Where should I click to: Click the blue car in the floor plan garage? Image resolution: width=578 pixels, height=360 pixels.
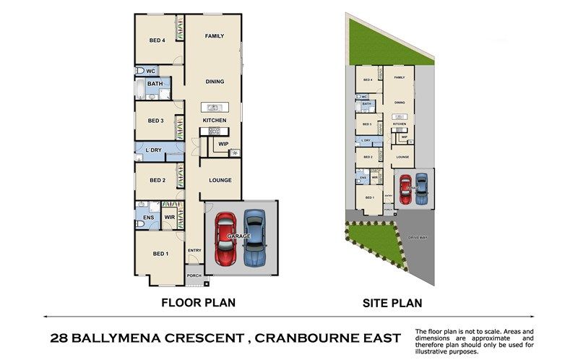pyautogui.click(x=254, y=239)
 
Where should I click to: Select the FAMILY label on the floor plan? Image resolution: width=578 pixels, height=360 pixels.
pyautogui.click(x=214, y=35)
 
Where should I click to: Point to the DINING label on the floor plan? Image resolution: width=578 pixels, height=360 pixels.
pyautogui.click(x=214, y=82)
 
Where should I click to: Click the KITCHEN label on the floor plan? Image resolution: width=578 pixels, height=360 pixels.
pyautogui.click(x=215, y=120)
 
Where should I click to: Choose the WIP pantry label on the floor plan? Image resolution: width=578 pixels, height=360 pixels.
pyautogui.click(x=223, y=143)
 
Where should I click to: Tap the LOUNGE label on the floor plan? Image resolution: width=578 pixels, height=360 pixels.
pyautogui.click(x=220, y=180)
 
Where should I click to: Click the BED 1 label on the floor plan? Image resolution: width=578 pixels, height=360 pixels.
pyautogui.click(x=160, y=254)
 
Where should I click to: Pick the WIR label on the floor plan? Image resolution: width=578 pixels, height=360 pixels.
pyautogui.click(x=169, y=216)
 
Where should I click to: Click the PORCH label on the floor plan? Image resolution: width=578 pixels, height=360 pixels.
pyautogui.click(x=194, y=275)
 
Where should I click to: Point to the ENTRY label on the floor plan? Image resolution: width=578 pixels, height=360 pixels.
pyautogui.click(x=194, y=251)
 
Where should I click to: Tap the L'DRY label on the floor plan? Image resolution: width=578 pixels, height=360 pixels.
pyautogui.click(x=153, y=150)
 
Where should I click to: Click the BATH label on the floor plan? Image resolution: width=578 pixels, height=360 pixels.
pyautogui.click(x=155, y=84)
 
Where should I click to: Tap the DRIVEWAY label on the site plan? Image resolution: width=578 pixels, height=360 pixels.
pyautogui.click(x=418, y=236)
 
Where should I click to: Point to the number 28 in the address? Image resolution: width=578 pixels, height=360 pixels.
pyautogui.click(x=61, y=338)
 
